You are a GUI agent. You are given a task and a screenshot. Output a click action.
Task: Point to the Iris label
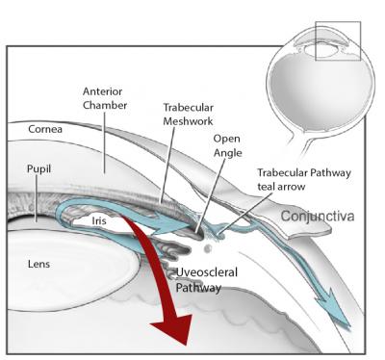pyautogui.click(x=99, y=220)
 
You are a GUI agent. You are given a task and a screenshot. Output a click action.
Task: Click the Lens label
pyautogui.click(x=40, y=261)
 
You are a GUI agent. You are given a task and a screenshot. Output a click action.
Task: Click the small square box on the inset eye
pyautogui.click(x=338, y=40)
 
